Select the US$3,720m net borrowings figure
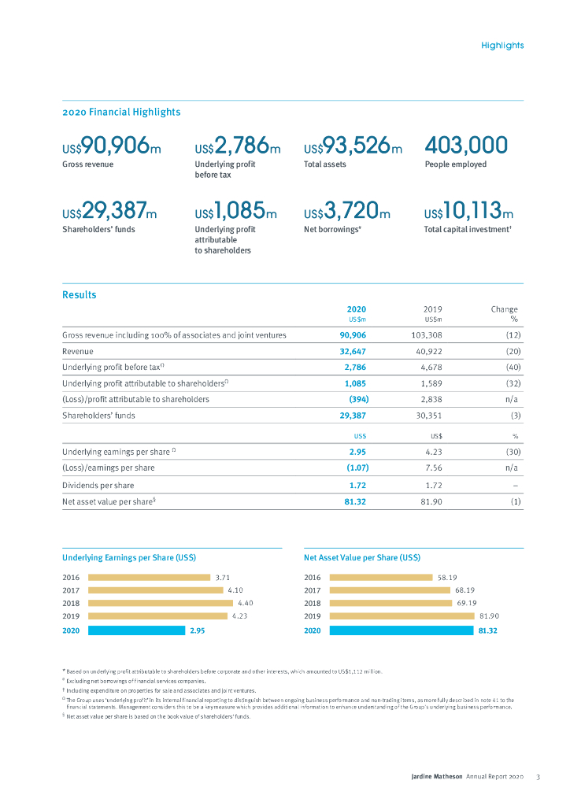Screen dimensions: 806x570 point(346,212)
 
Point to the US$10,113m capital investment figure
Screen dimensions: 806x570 point(468,212)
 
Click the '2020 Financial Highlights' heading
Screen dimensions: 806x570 point(121,112)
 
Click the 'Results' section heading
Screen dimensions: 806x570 point(80,295)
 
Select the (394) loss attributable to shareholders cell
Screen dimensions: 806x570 point(358,399)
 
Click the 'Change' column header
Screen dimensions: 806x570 point(504,309)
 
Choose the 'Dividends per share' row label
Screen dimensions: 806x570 point(98,485)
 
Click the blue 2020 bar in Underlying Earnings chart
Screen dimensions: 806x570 point(135,630)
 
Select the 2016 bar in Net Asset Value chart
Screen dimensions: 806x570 point(380,577)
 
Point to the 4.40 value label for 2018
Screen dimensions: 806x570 point(245,604)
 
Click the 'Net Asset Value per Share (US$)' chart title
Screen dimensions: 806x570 point(361,557)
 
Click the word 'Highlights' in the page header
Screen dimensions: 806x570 point(502,46)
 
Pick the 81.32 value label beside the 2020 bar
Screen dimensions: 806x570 point(488,630)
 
